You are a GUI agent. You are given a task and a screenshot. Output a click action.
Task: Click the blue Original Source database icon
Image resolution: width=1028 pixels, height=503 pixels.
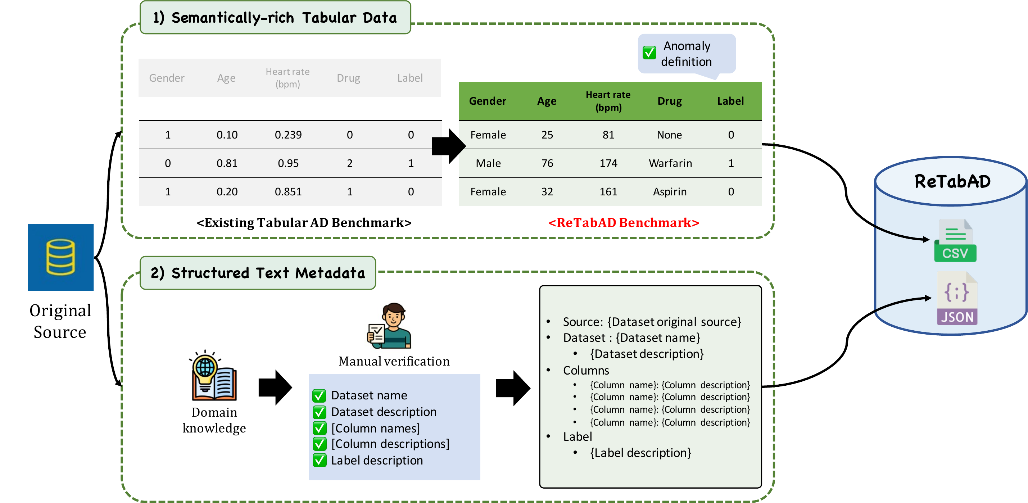[x=61, y=257]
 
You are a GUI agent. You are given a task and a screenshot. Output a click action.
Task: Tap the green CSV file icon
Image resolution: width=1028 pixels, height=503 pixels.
[x=955, y=241]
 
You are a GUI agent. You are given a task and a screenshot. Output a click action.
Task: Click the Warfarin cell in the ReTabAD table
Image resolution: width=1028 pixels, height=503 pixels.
[x=670, y=163]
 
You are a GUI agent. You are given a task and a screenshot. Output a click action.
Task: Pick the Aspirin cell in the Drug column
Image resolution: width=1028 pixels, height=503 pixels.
[x=670, y=192]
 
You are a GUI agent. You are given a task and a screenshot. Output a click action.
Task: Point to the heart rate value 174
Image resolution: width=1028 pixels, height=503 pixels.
[x=608, y=163]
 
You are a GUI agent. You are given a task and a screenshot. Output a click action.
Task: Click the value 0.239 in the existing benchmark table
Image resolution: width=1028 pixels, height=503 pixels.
[x=288, y=135]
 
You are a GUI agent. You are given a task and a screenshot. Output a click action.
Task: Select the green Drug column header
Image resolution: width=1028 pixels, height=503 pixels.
[x=670, y=101]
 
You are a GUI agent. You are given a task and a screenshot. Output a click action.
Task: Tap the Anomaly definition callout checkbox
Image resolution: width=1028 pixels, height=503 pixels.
[x=649, y=53]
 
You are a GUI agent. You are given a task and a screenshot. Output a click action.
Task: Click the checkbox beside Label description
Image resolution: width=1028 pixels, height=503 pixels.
[x=319, y=460]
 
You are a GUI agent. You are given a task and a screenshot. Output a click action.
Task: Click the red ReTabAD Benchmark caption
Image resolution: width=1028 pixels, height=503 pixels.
[x=624, y=223]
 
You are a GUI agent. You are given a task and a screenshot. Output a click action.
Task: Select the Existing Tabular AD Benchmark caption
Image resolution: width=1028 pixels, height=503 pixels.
[x=304, y=223]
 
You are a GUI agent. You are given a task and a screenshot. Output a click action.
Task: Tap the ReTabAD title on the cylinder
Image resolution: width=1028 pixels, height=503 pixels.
[x=952, y=182]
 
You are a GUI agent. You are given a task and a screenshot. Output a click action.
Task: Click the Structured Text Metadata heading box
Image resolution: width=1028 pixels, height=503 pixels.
[x=258, y=273]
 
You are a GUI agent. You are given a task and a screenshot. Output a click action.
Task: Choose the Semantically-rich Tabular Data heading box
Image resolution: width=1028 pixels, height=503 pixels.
[x=275, y=18]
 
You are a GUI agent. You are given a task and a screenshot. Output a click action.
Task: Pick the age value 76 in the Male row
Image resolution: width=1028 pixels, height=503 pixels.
[x=547, y=163]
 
